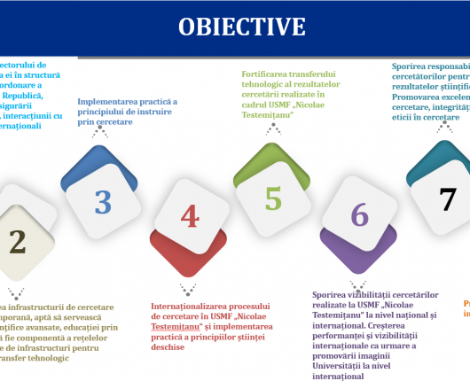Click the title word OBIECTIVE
click(240, 26)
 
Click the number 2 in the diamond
click(17, 240)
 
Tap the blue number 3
click(103, 201)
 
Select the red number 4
click(189, 216)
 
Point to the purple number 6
click(359, 214)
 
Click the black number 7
click(449, 198)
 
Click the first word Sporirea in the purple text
click(333, 294)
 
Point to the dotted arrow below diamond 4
click(188, 290)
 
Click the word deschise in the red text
click(168, 346)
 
